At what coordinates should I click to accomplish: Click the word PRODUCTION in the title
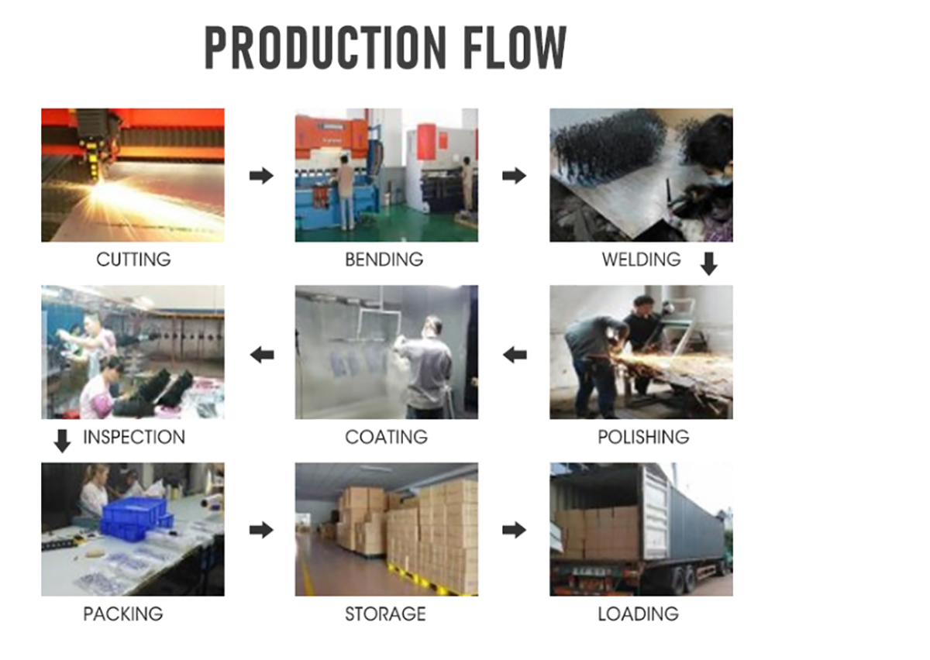coord(325,47)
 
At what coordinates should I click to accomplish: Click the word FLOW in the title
coord(515,47)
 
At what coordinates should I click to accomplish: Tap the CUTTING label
coord(133,260)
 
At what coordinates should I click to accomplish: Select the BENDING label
coord(384,260)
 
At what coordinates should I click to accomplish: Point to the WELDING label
coord(642,260)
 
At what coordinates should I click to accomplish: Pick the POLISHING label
coord(643,437)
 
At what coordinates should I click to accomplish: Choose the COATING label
coord(386,437)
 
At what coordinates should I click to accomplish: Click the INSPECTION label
coord(133,437)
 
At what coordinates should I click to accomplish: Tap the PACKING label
coord(123,614)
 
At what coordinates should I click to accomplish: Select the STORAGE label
coord(385,614)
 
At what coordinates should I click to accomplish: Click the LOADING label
coord(638,614)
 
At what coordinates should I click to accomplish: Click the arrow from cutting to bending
coord(261,176)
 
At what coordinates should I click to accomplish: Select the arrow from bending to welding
coord(514,176)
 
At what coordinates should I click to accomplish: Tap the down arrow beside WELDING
coord(708,263)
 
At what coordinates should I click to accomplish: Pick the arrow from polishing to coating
coord(515,355)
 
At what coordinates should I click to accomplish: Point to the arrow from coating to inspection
coord(262,355)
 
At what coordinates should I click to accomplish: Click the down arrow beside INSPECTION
coord(62,441)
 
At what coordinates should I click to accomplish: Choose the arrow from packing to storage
coord(261,530)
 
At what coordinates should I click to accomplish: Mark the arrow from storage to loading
coord(514,530)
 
